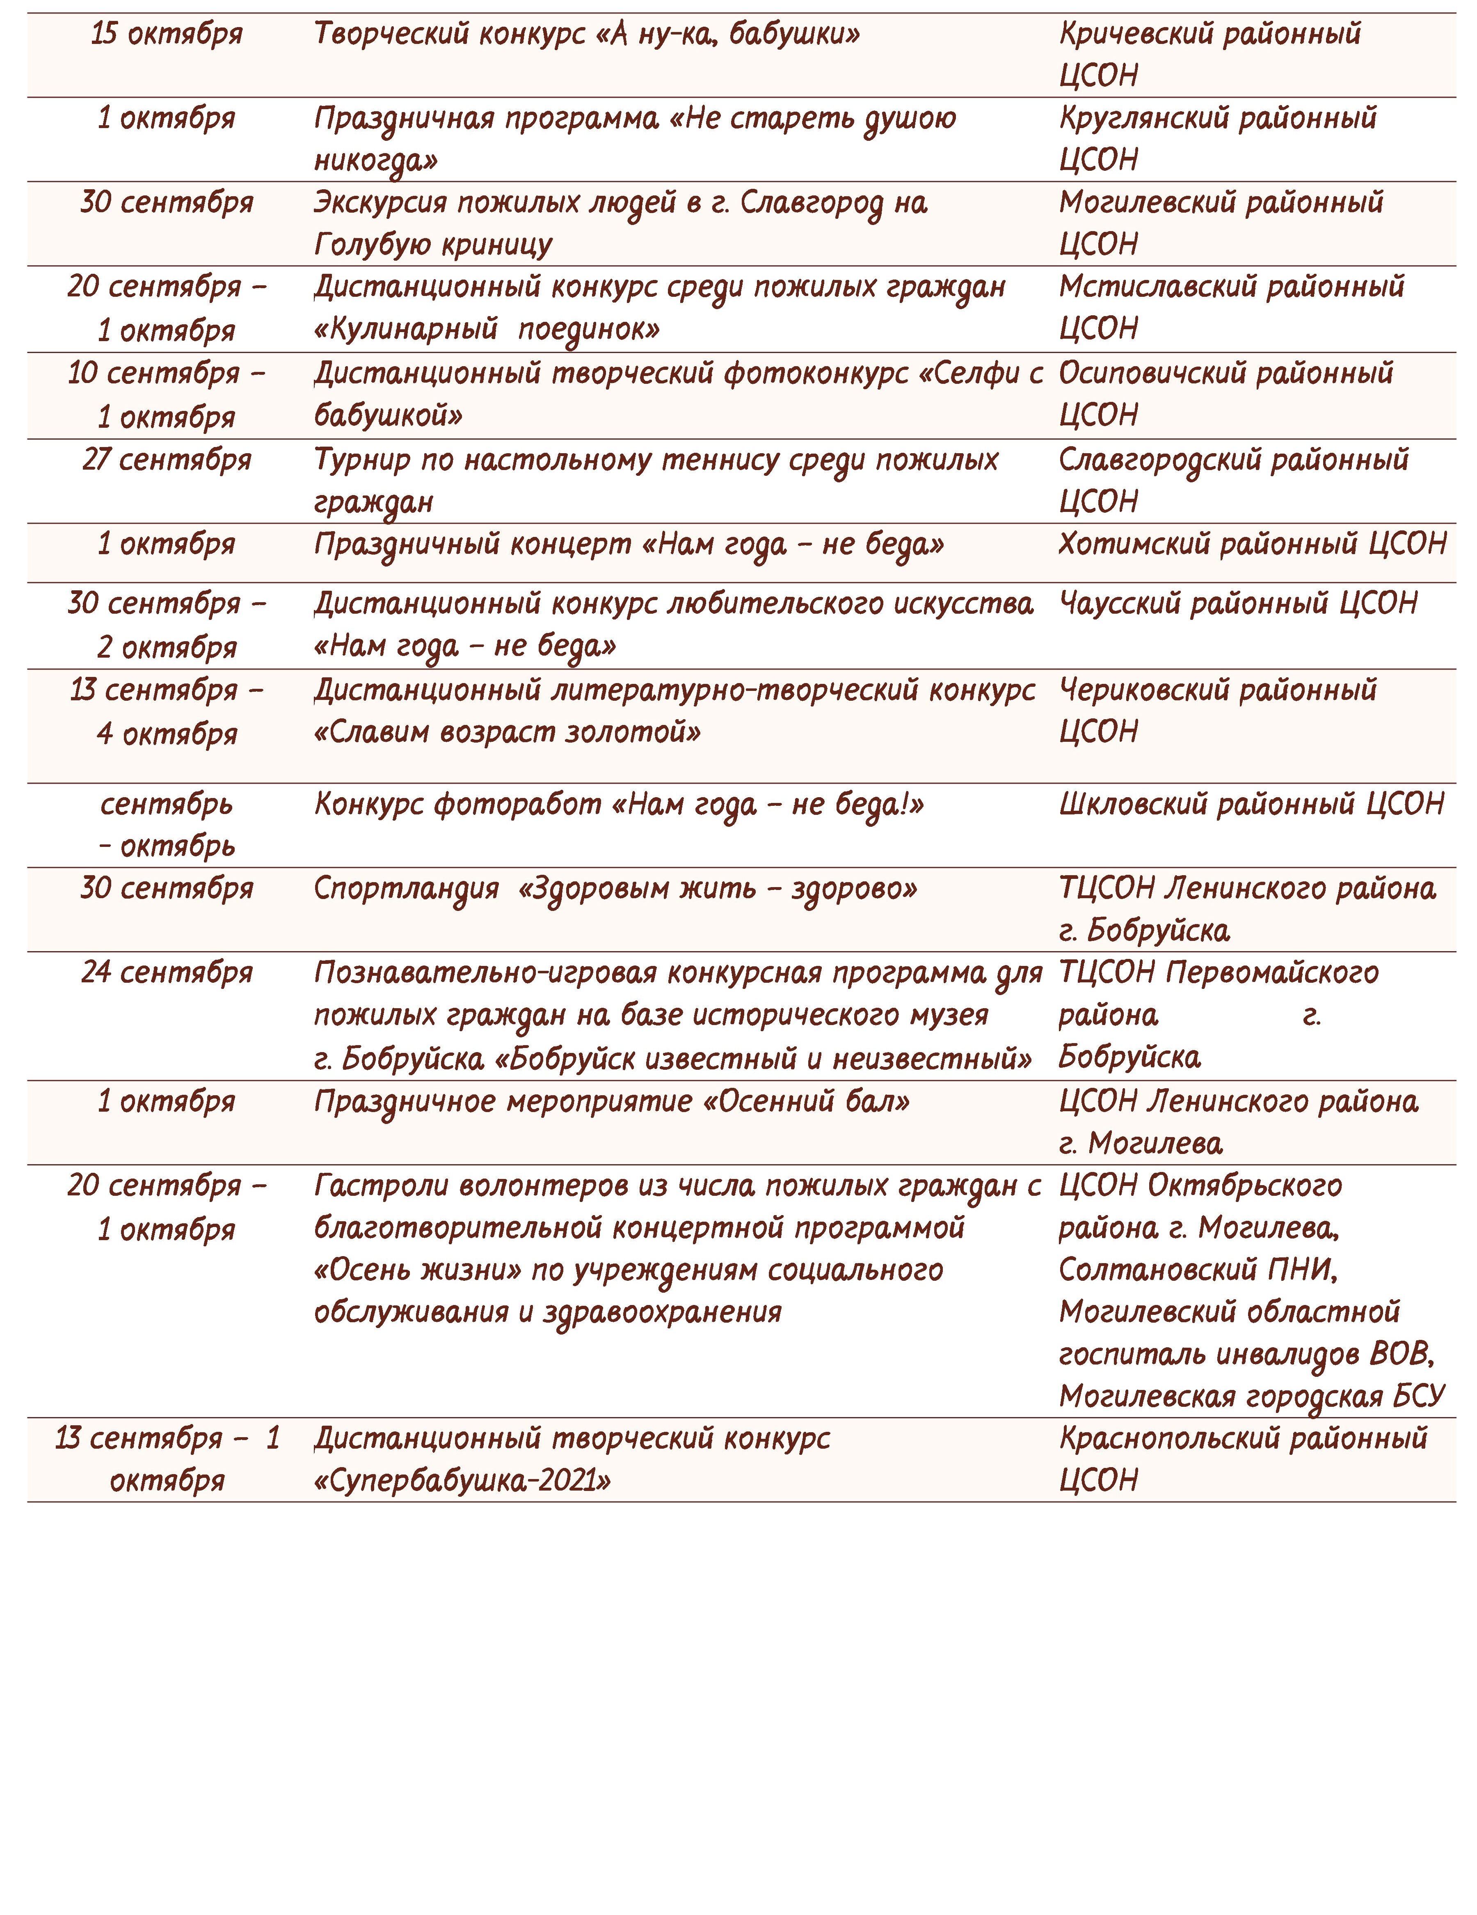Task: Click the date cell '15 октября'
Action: pyautogui.click(x=167, y=34)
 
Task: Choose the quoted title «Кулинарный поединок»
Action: pyautogui.click(x=487, y=330)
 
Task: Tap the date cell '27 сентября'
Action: pyautogui.click(x=167, y=459)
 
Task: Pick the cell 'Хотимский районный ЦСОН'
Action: pyautogui.click(x=1252, y=544)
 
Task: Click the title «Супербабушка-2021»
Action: pyautogui.click(x=462, y=1481)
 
